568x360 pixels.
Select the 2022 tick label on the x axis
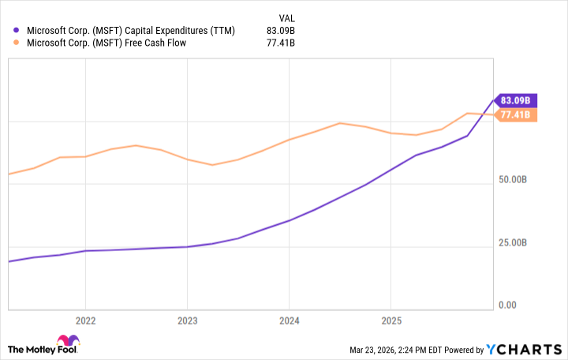[85, 321]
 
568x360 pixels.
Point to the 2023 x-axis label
[187, 321]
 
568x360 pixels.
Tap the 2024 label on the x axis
[289, 321]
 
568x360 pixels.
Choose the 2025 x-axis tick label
[390, 321]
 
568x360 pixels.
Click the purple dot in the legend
[17, 31]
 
